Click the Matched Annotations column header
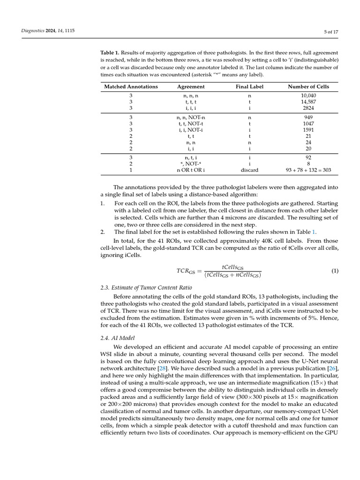point(131,87)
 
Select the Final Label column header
point(249,87)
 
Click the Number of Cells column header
point(308,87)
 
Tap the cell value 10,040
point(308,96)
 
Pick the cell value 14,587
point(308,102)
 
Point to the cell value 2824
point(308,108)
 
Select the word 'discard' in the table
point(249,171)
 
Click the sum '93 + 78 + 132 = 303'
point(308,171)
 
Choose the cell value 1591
point(308,130)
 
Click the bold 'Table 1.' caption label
point(111,53)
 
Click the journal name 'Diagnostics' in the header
point(32,31)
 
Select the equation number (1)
point(335,271)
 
